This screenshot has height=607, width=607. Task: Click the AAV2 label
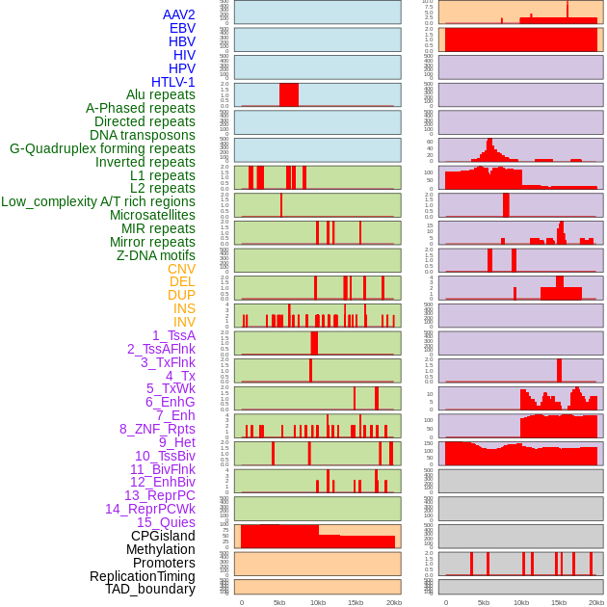coord(179,14)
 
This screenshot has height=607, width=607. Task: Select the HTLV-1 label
coord(173,82)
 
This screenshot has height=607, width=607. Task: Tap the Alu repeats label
coord(161,94)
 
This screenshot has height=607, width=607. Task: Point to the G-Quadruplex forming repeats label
coord(102,148)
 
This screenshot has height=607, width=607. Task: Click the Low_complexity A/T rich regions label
coord(98,201)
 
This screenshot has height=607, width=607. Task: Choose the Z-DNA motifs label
coord(156,255)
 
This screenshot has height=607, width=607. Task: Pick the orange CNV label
coord(181,269)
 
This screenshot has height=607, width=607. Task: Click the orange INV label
coord(184,322)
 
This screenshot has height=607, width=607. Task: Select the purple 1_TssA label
coord(173,335)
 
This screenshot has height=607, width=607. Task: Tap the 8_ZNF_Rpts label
coord(157,429)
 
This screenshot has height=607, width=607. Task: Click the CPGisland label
coord(163,536)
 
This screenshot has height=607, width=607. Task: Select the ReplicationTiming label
coord(143,576)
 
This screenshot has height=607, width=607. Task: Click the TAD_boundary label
coord(150,589)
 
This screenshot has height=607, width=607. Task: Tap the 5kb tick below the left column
coord(279,602)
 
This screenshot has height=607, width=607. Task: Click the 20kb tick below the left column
coord(393,602)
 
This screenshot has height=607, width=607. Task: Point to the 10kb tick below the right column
coord(521,602)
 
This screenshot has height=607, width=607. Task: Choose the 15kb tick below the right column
coord(559,602)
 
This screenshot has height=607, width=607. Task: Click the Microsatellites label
coord(152,215)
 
